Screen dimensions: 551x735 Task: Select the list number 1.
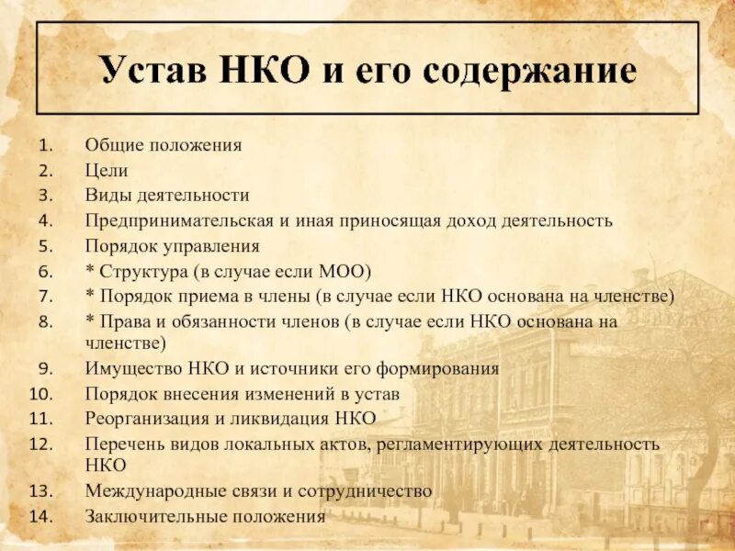coord(46,145)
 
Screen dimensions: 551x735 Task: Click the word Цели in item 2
coord(107,170)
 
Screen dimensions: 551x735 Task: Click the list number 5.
coord(46,246)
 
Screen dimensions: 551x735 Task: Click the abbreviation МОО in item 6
coord(345,272)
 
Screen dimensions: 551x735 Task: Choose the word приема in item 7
coord(203,297)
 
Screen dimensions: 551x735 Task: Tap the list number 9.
coord(46,369)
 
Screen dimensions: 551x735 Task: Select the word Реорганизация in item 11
coord(153,419)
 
